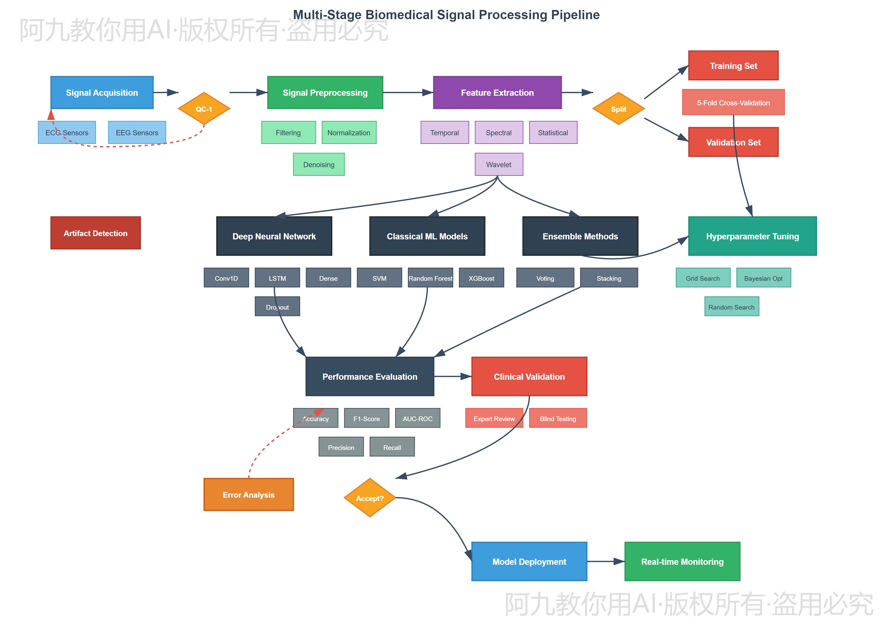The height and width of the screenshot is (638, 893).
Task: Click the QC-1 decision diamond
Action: (204, 109)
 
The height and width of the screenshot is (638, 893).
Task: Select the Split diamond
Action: (618, 109)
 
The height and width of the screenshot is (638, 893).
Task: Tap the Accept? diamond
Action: (369, 498)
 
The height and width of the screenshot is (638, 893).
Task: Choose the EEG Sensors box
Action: (137, 132)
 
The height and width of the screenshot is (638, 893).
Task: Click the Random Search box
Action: (731, 306)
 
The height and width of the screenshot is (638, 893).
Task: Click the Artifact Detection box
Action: (95, 233)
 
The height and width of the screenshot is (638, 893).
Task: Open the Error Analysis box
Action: (248, 494)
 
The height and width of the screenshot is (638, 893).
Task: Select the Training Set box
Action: (733, 66)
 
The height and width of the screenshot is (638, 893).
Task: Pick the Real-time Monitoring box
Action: (682, 561)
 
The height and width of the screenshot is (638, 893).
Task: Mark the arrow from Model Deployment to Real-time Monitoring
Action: (605, 561)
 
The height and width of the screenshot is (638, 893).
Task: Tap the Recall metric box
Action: (392, 447)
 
